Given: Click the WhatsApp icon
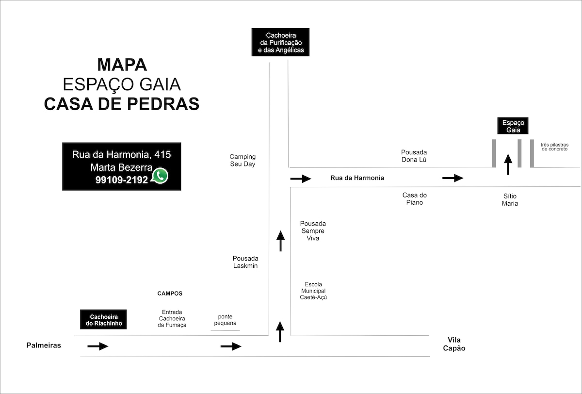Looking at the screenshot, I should pos(160,176).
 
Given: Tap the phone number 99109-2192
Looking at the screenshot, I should pos(121,180).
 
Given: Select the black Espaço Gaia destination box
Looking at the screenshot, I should pos(513,126).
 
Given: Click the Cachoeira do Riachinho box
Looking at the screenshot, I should pos(103,319).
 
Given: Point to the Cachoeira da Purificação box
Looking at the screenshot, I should pos(280,42).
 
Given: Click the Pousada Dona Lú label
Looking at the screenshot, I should pos(414,156).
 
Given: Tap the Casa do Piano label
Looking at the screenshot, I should pos(414,198).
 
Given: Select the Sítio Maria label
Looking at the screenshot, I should pos(510,199).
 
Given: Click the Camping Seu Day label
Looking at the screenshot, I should pos(242,160).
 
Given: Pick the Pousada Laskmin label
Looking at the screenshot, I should pos(245,262).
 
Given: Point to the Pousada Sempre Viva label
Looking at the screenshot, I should pos(313,230).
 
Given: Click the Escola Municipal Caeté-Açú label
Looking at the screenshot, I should pos(313,291).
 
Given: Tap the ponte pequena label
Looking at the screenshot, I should pos(225,320).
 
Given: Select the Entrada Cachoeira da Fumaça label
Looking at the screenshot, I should pos(172,318).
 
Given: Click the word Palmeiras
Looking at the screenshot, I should pos(44,345).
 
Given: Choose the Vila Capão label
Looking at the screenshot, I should pos(454,344).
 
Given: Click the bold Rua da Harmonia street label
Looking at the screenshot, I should pos(357,178).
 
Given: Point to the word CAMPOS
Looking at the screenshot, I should pos(170,294).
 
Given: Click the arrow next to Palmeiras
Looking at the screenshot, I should pos(97,346).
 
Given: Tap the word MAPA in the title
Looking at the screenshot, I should pos(122,65).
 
